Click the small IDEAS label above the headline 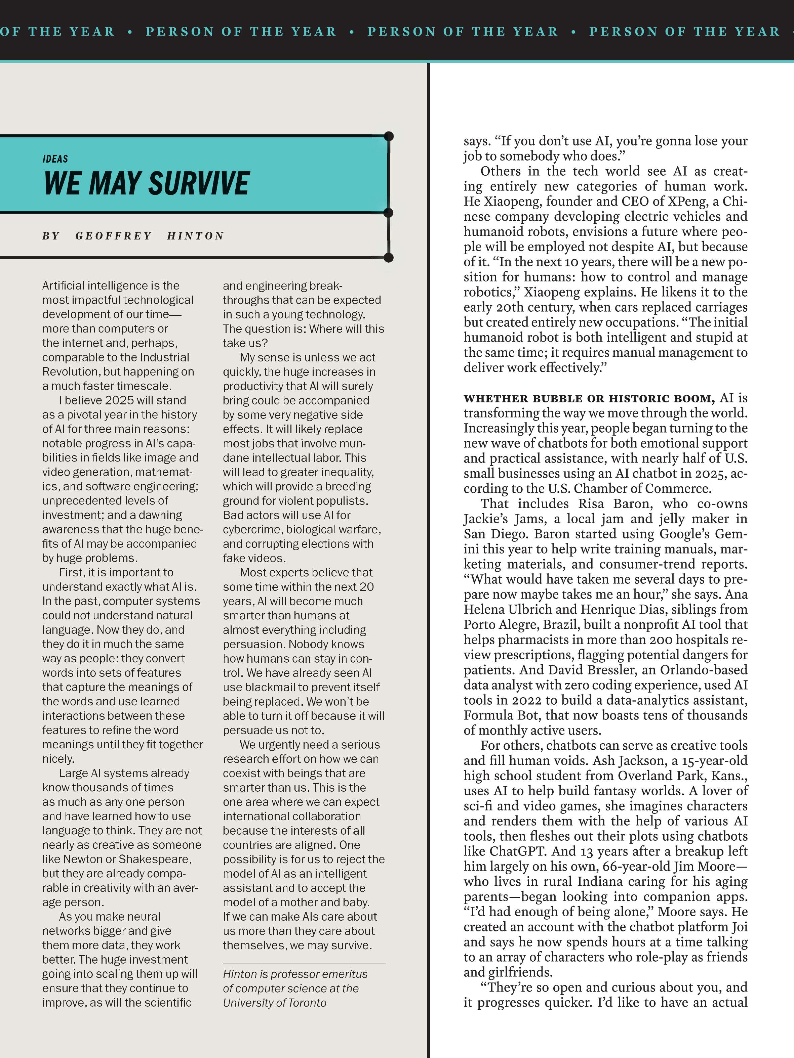coord(55,159)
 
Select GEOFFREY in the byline coord(113,236)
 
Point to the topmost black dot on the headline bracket coord(389,136)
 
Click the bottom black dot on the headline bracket coord(389,258)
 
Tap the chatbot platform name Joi coord(740,927)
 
